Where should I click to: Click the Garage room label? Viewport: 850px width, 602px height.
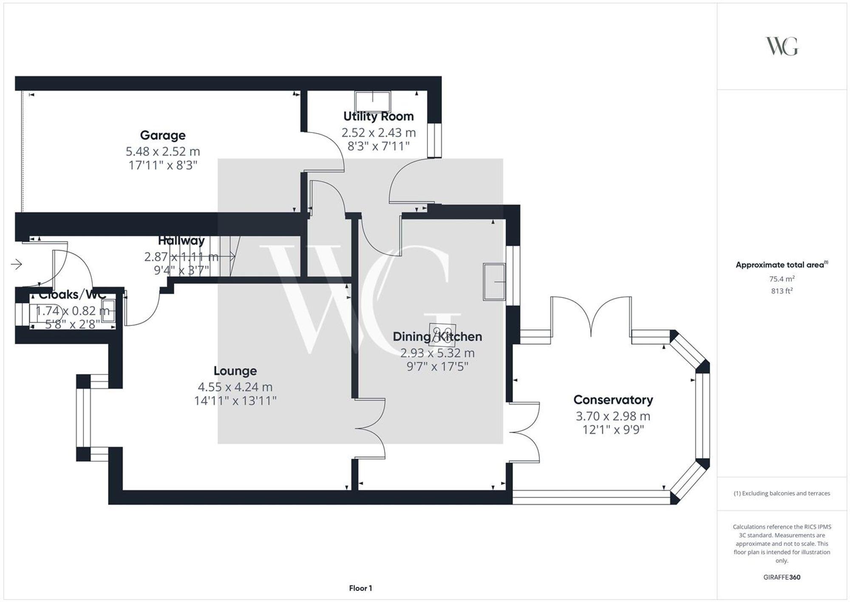tap(163, 135)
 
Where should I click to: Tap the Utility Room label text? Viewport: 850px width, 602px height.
tap(378, 116)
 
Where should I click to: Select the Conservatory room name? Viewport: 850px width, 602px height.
tap(613, 400)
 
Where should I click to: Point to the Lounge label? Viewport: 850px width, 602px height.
tap(235, 371)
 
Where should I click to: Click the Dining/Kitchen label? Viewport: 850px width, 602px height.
tap(437, 337)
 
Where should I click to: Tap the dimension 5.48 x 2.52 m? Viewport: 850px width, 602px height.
tap(163, 151)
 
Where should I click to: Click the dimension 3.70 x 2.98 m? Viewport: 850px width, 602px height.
tap(613, 416)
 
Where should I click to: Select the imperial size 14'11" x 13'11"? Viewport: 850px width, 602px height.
tap(235, 401)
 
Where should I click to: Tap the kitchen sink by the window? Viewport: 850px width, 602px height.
tap(494, 282)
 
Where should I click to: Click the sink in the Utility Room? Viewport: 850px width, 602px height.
tap(373, 101)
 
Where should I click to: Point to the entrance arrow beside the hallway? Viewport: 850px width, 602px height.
tap(16, 265)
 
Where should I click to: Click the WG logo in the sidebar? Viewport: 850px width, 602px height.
tap(782, 46)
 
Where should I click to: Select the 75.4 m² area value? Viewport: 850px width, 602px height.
tap(782, 279)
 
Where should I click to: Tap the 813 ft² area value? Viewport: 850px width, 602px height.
tap(782, 291)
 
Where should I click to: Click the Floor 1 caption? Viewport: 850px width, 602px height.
tap(360, 588)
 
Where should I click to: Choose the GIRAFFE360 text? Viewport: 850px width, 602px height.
tap(782, 577)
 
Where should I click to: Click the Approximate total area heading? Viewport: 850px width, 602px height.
tap(782, 265)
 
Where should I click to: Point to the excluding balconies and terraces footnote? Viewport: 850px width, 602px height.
tap(782, 494)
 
